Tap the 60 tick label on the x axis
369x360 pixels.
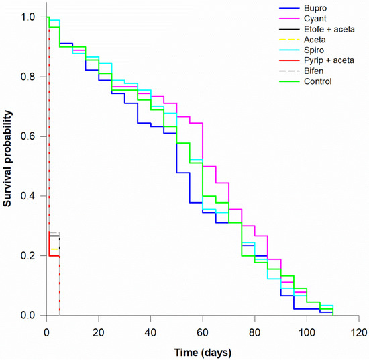coord(203,332)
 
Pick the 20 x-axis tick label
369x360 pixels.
coord(99,332)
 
